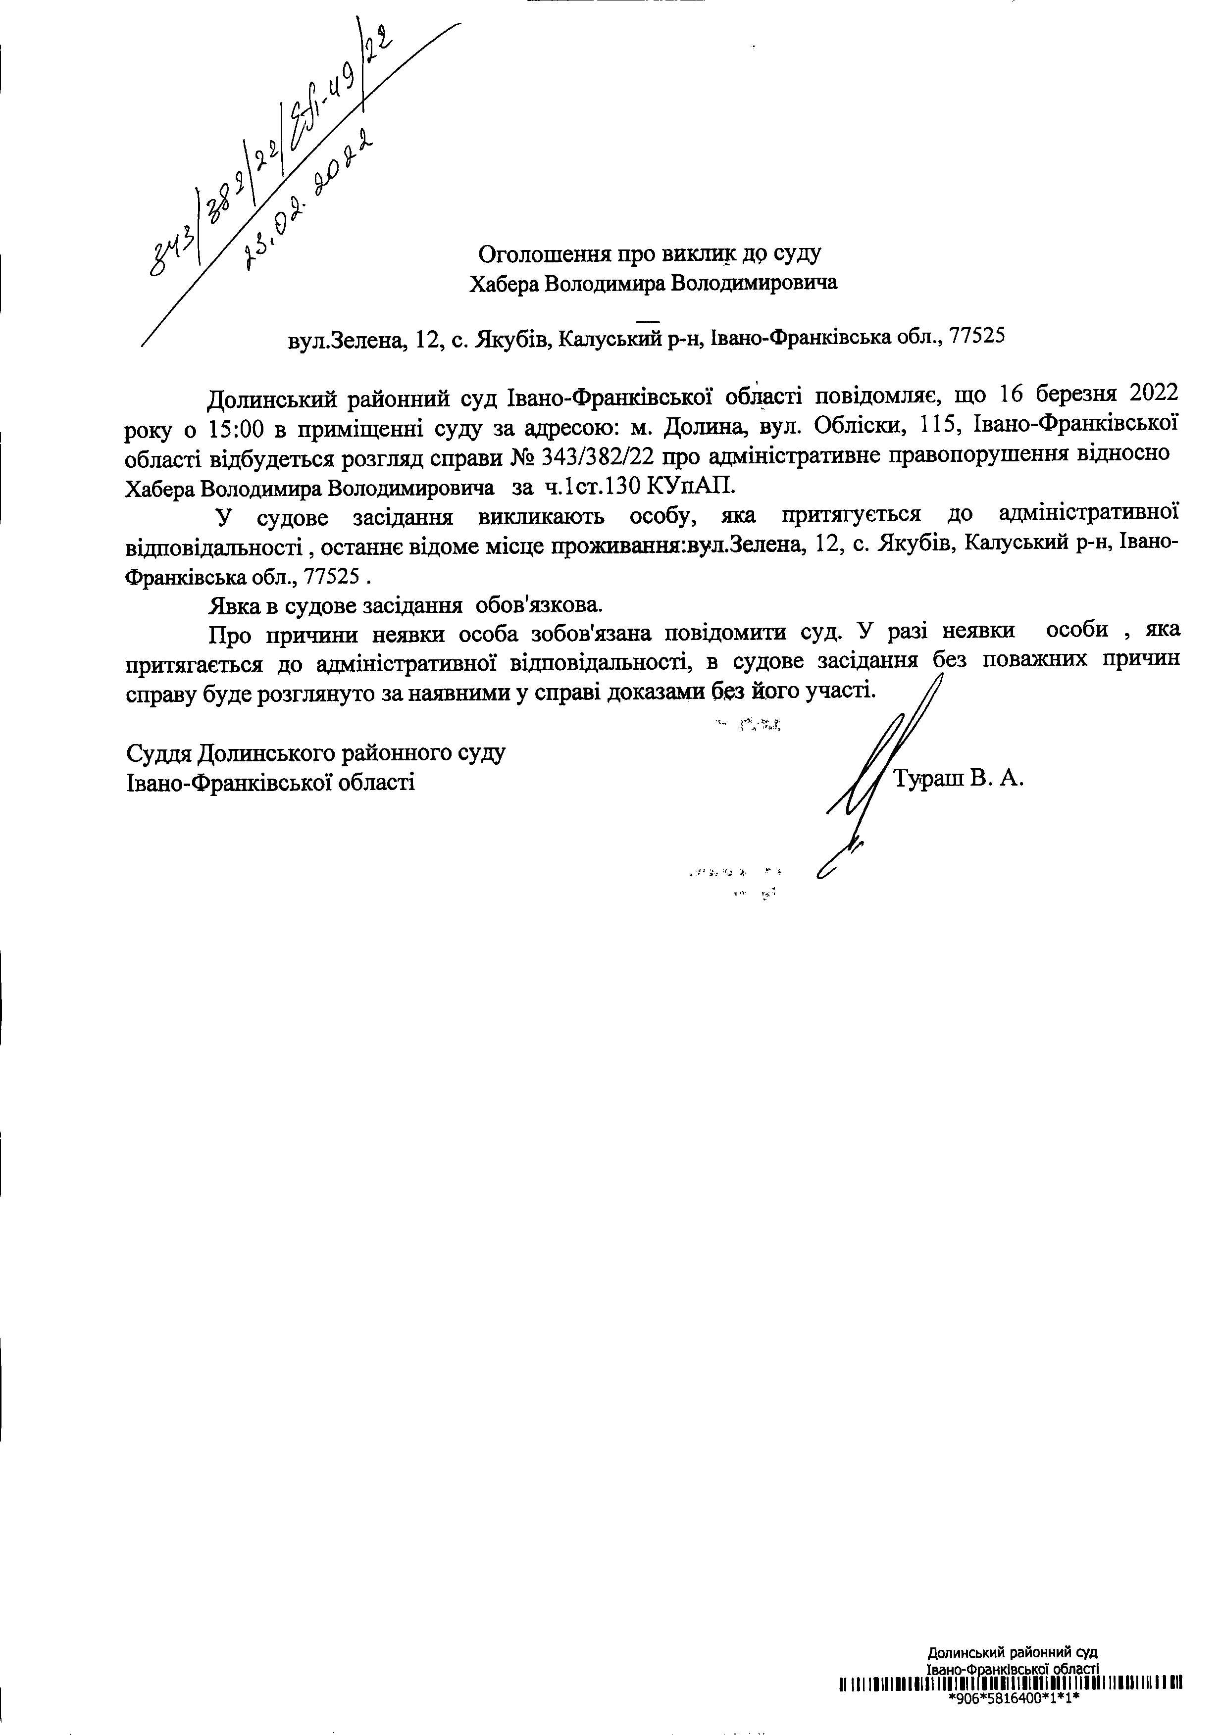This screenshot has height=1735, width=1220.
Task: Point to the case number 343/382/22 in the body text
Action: [x=597, y=456]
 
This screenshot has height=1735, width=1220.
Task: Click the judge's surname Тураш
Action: [x=927, y=778]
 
